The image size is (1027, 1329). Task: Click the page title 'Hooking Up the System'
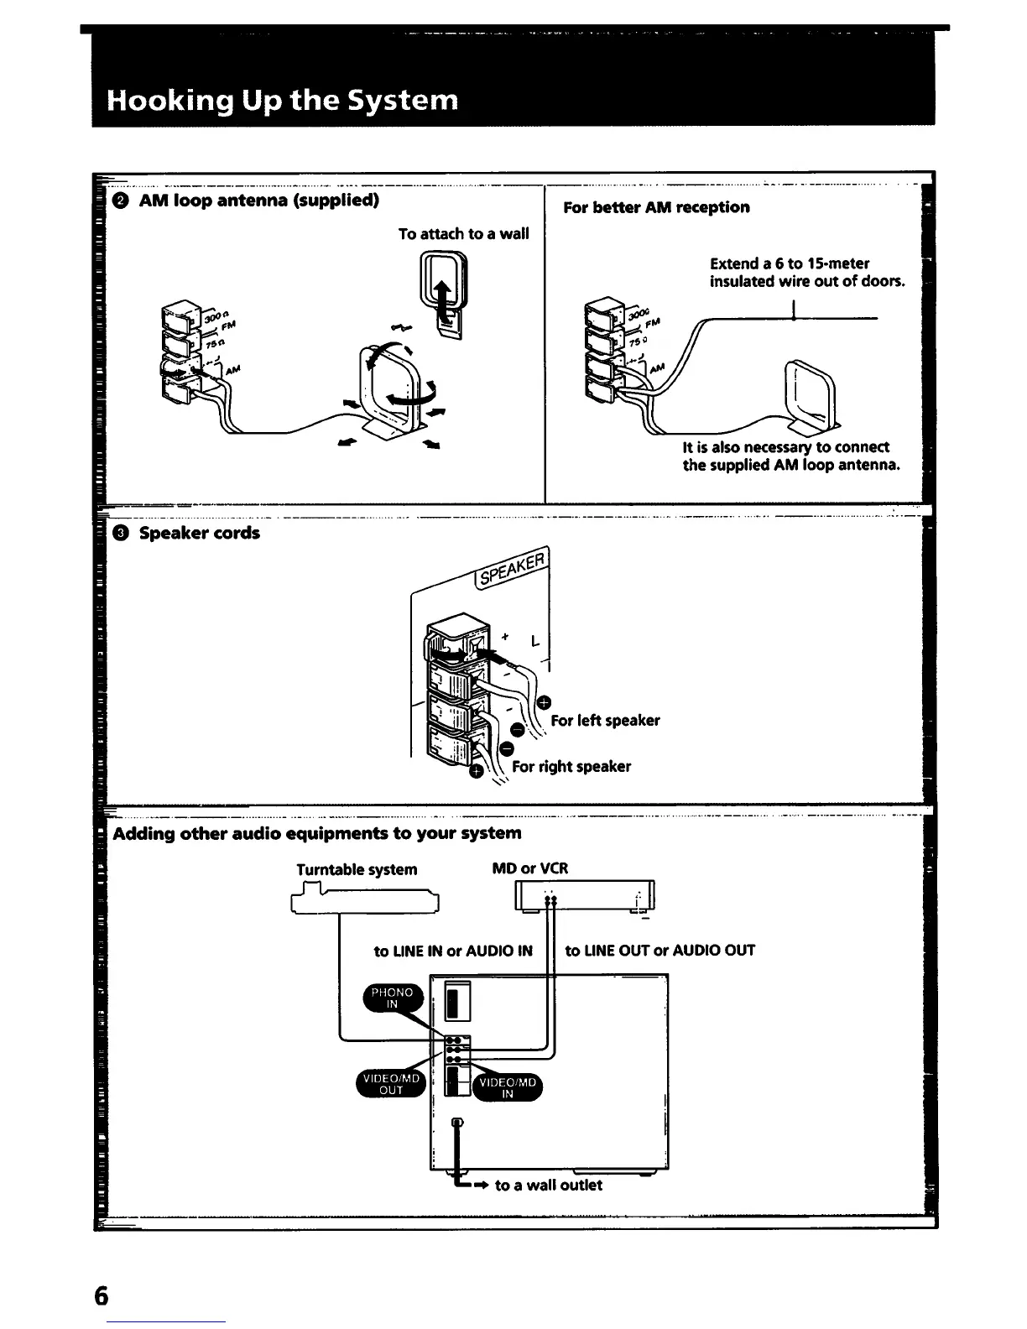282,101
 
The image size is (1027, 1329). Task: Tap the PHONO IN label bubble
392,998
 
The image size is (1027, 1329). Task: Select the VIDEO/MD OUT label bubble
391,1084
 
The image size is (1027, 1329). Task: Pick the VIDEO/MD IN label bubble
507,1087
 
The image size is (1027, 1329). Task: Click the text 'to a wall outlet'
548,1185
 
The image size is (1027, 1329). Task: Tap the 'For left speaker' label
605,720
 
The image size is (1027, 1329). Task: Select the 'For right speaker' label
571,766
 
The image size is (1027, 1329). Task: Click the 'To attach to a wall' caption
463,233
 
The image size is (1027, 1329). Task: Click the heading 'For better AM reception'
656,207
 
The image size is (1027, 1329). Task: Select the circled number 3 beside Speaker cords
121,533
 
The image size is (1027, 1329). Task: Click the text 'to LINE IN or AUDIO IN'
453,951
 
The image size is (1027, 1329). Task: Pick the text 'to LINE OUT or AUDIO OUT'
659,951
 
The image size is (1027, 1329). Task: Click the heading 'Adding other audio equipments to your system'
317,833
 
